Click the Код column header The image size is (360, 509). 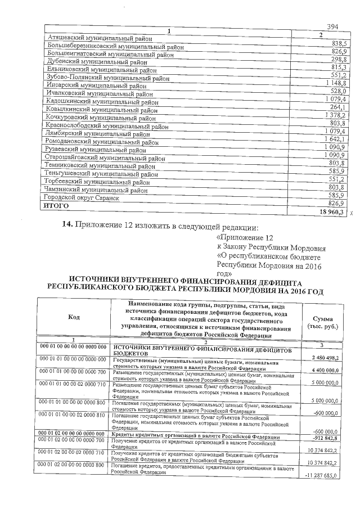(x=74, y=317)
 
